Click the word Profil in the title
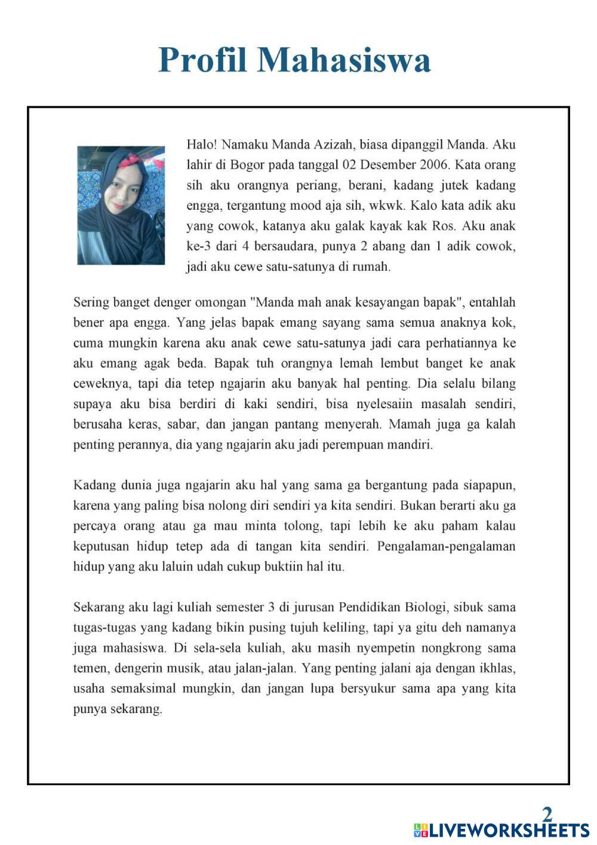(x=203, y=60)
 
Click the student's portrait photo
(x=121, y=205)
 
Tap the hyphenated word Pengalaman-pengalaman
(x=446, y=546)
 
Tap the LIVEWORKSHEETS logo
(x=501, y=830)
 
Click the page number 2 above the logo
(x=547, y=813)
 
